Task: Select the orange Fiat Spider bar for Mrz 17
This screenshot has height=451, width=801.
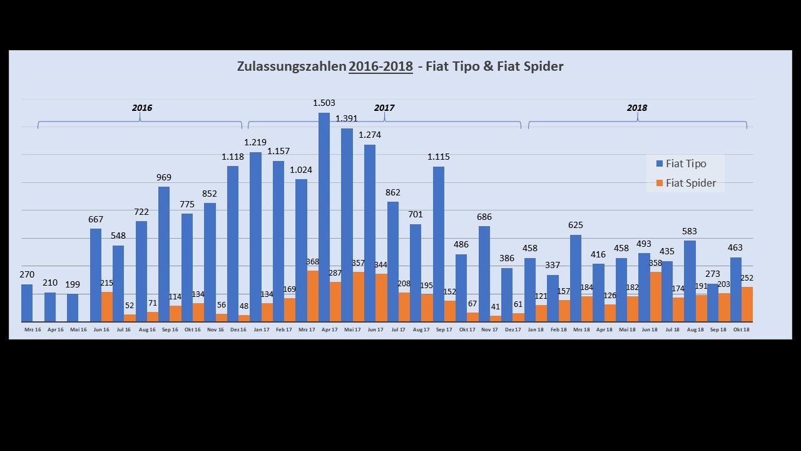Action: point(312,296)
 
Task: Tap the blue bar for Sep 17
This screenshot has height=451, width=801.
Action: point(439,244)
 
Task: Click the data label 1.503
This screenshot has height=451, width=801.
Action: point(324,103)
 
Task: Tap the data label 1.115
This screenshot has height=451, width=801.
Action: point(439,157)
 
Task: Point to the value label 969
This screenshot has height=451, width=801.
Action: point(164,178)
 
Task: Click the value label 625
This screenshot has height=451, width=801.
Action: point(576,225)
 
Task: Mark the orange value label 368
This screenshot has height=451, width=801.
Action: point(312,262)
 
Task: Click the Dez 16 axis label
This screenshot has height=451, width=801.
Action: point(238,329)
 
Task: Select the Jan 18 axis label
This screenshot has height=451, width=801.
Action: point(536,329)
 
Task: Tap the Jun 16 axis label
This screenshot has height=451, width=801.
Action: point(101,329)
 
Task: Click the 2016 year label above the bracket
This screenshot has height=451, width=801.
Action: point(142,108)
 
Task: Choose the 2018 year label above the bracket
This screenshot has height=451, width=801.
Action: point(637,108)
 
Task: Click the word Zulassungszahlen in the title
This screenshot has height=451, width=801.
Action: point(291,66)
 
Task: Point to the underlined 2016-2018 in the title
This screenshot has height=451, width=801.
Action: point(380,66)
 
